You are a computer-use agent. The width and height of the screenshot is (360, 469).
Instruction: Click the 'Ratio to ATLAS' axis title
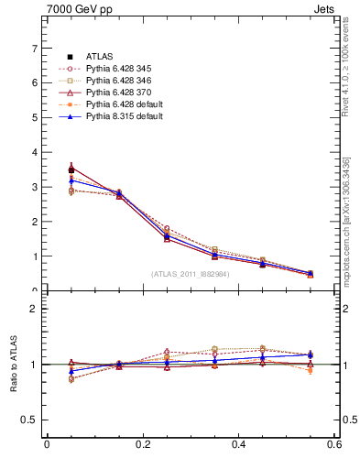point(14,365)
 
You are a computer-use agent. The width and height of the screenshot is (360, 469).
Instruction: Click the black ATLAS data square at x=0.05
point(71,169)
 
